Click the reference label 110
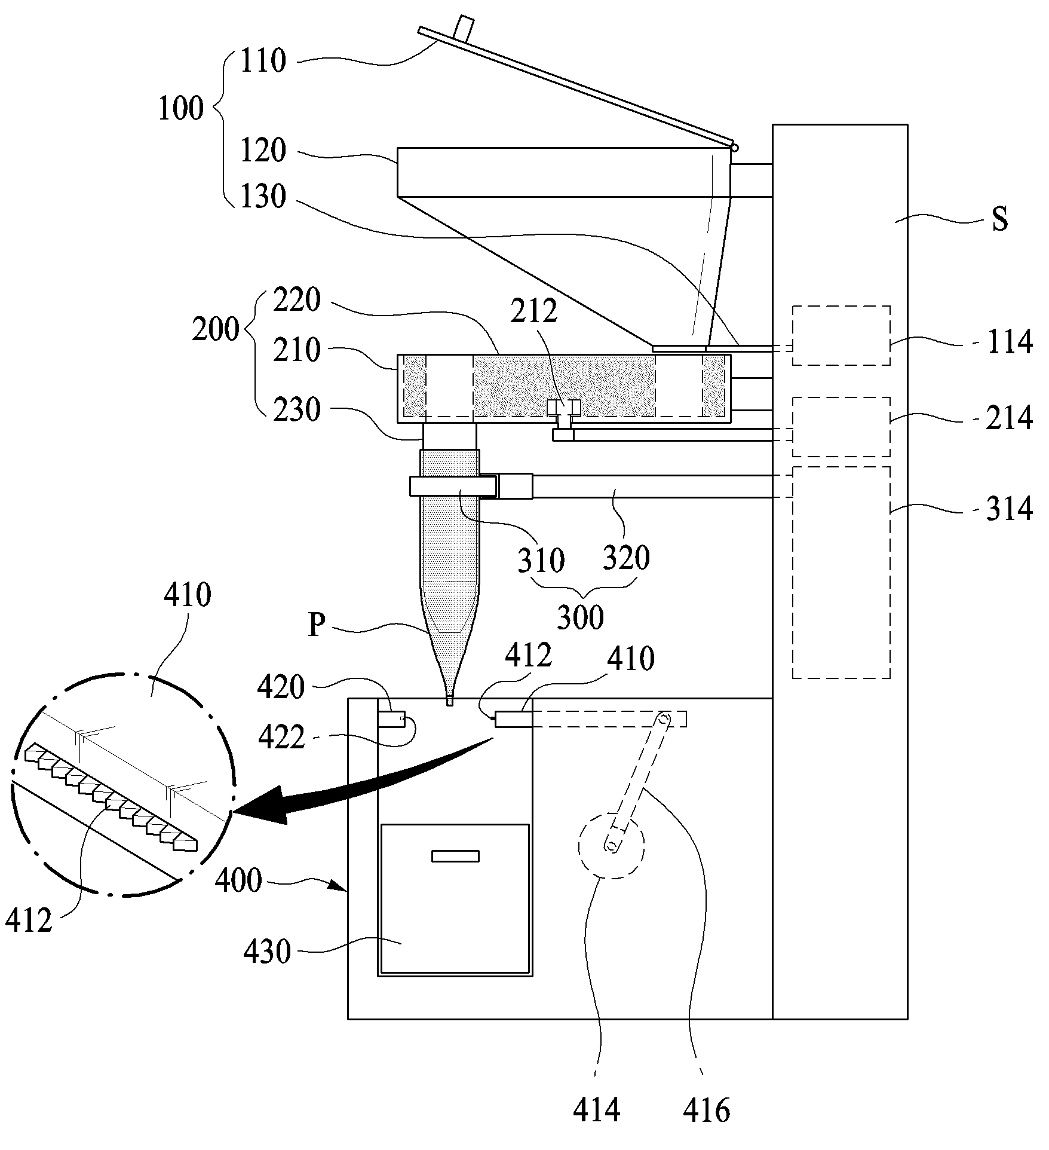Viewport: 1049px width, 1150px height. [263, 61]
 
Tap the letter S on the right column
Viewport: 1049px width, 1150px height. [1000, 219]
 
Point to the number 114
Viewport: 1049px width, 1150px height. [1010, 342]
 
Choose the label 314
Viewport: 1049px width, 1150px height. [1010, 509]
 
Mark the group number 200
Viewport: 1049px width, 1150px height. [215, 329]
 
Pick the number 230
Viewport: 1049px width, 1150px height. [297, 410]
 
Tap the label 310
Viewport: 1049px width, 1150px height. [541, 560]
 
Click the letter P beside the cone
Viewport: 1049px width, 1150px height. [317, 625]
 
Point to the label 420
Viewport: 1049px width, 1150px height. [281, 688]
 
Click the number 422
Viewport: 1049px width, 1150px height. [281, 738]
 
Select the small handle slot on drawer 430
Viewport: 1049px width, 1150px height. [455, 856]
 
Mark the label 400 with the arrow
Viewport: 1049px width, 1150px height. [238, 880]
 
